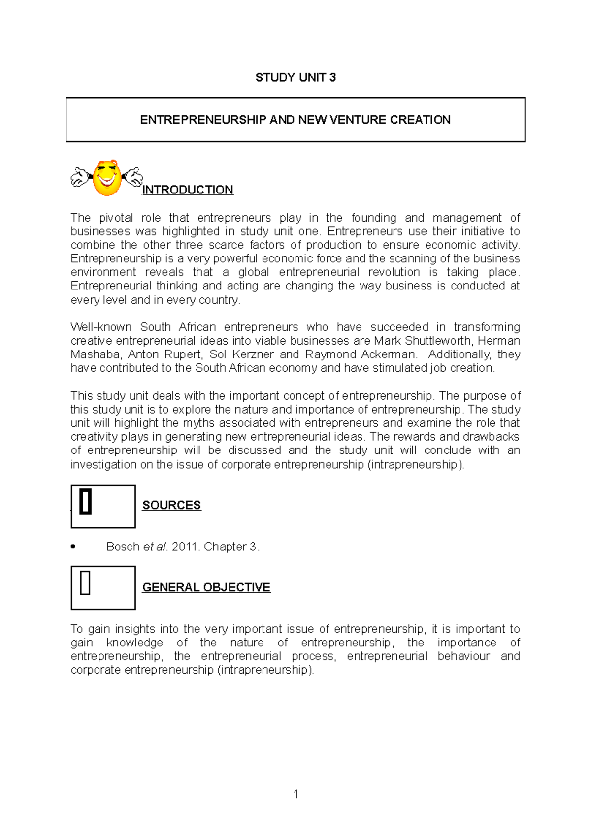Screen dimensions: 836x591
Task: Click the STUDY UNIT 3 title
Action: coord(295,77)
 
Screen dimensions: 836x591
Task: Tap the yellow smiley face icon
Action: coord(107,178)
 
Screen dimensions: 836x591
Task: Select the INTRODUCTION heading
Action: coord(188,190)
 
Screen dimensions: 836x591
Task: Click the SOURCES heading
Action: coord(171,505)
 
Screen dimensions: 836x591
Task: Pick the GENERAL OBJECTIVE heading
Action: coord(206,587)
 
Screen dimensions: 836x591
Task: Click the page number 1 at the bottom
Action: coord(295,794)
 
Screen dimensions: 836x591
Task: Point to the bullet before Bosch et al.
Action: coord(73,547)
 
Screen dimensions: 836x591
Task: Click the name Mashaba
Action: coord(95,354)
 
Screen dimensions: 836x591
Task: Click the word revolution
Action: coord(394,272)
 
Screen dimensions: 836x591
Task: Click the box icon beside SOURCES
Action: coord(103,506)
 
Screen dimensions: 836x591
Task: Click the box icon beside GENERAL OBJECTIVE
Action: coord(103,587)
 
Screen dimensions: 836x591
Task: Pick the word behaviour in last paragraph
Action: coord(463,656)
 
